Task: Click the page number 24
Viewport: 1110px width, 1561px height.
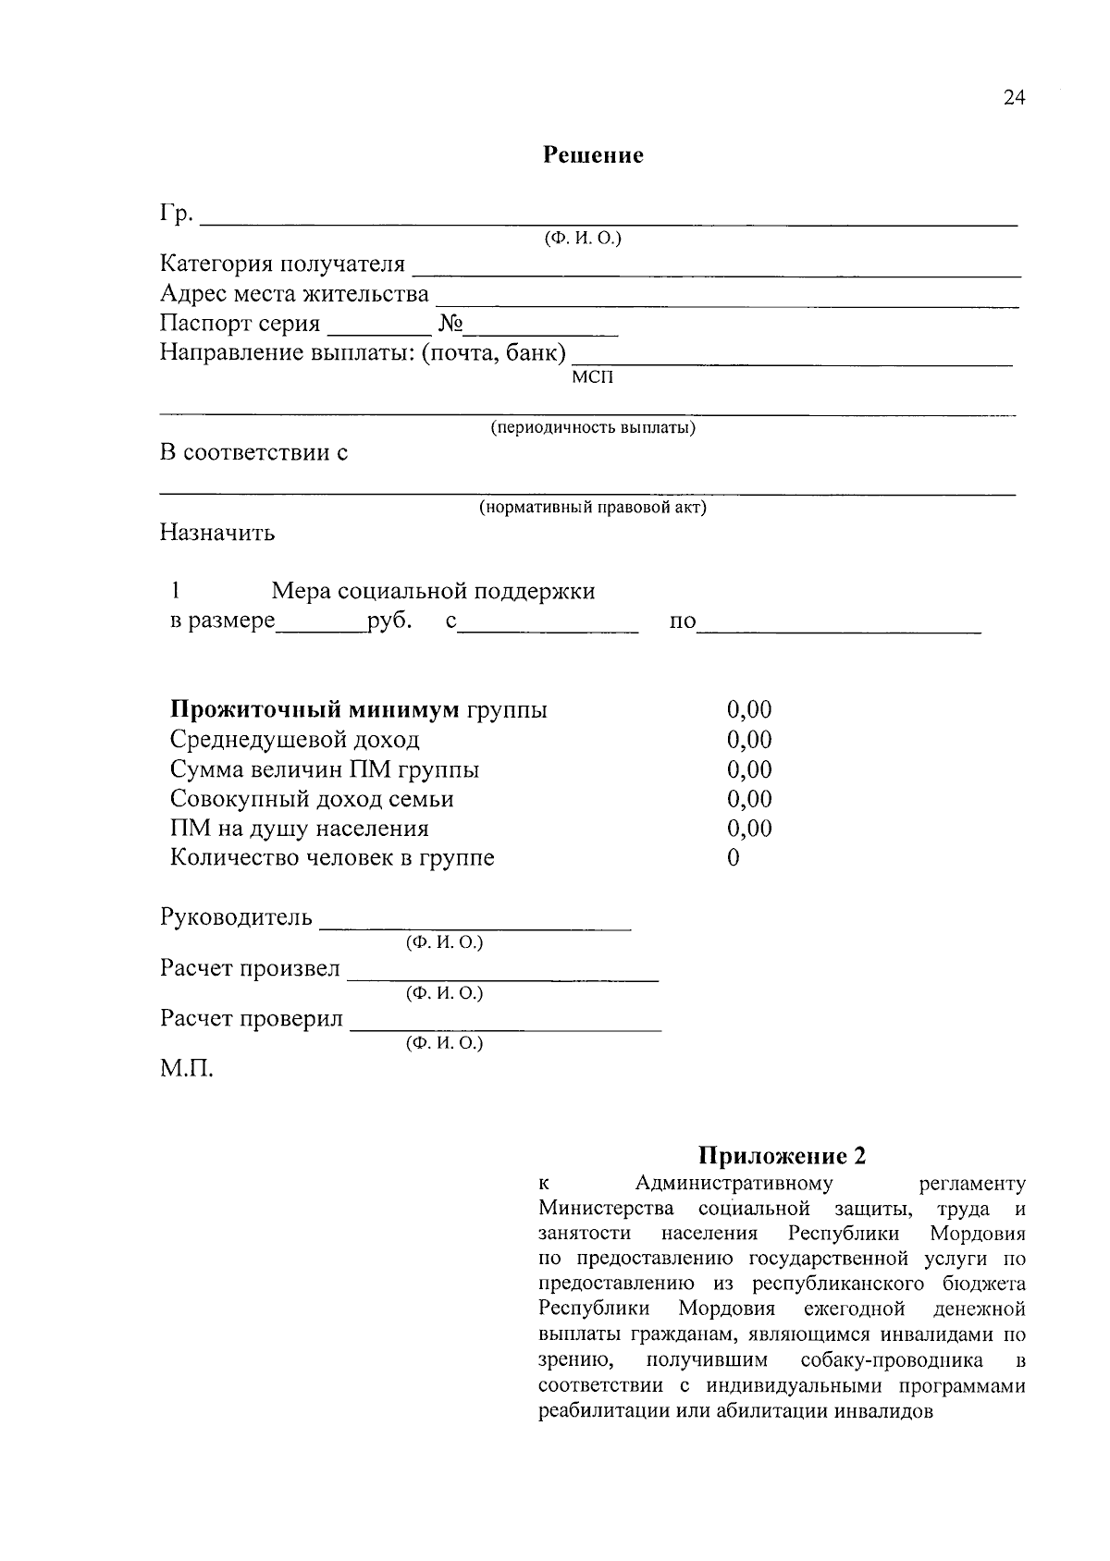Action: pos(1014,98)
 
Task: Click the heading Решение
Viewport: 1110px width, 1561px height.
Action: pos(593,155)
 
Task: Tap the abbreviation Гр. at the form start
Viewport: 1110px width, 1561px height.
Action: pos(176,215)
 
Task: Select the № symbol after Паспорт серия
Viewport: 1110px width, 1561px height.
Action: pos(450,324)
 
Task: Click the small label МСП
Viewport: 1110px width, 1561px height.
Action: pos(592,377)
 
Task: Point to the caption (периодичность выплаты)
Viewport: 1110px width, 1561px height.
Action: pos(593,428)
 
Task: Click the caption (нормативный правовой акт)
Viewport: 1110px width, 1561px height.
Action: pos(592,508)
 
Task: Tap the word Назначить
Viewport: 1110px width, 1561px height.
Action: pos(217,534)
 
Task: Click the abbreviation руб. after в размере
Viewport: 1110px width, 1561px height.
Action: pos(388,621)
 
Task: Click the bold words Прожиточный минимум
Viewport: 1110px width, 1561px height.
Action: pos(314,710)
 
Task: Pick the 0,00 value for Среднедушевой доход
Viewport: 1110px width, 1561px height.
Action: pos(749,740)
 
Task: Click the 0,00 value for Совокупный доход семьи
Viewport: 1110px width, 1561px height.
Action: pos(749,799)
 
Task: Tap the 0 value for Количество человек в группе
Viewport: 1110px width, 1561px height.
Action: pos(734,858)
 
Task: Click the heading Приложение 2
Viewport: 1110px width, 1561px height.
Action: pos(782,1156)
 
